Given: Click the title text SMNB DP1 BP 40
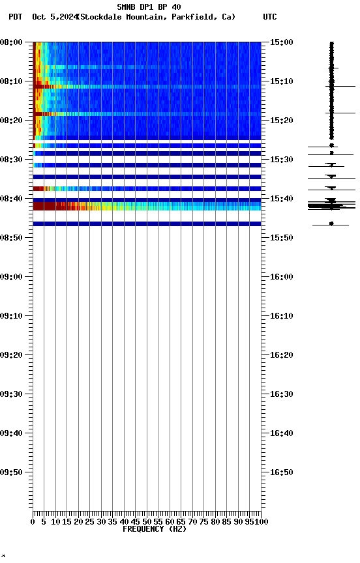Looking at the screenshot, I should pyautogui.click(x=149, y=7).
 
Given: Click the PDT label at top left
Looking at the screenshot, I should pyautogui.click(x=16, y=17).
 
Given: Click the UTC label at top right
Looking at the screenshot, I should pyautogui.click(x=270, y=17).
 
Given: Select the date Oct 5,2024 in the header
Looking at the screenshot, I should pyautogui.click(x=53, y=17).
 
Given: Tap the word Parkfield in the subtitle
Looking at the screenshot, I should pyautogui.click(x=193, y=17).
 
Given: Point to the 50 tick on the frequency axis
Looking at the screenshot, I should pyautogui.click(x=147, y=521).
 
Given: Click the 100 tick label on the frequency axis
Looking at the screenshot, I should pyautogui.click(x=262, y=521).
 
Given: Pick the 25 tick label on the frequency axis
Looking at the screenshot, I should pyautogui.click(x=89, y=521).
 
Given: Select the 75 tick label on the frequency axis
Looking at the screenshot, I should pyautogui.click(x=204, y=521).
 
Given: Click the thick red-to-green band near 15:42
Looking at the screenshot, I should pyautogui.click(x=98, y=206).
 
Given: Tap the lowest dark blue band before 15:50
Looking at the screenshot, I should pyautogui.click(x=147, y=224).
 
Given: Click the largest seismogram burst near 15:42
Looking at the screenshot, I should pyautogui.click(x=331, y=206).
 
